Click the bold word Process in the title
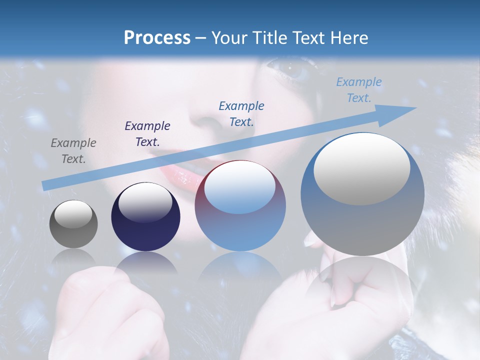(157, 37)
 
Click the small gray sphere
(73, 224)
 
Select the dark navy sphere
(145, 217)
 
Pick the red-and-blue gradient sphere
(240, 206)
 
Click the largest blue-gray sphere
(362, 195)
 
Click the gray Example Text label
(73, 151)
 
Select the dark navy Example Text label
(147, 134)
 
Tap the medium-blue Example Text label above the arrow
(241, 113)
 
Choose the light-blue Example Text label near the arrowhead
(359, 90)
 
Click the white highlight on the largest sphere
(361, 168)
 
